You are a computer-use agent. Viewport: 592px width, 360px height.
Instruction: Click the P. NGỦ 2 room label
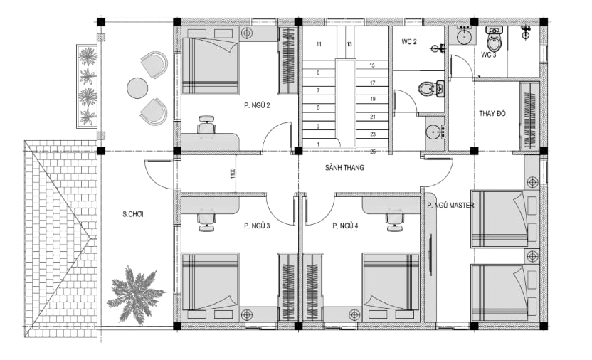[257, 106]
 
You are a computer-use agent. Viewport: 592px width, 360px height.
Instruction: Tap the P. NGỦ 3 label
[257, 226]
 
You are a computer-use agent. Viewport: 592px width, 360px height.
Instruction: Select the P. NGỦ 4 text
[345, 226]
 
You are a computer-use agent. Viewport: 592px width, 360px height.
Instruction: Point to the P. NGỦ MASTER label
[450, 206]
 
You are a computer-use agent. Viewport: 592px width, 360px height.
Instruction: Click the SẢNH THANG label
[344, 167]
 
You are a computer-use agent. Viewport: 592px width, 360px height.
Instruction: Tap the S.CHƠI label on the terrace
[133, 214]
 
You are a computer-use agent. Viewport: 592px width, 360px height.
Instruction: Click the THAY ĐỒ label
[492, 113]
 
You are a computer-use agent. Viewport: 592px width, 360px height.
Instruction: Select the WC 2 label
[409, 41]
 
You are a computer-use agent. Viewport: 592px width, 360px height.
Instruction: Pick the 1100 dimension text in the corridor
[233, 173]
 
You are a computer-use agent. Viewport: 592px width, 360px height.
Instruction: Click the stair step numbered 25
[373, 152]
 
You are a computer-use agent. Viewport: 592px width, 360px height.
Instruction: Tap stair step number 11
[319, 44]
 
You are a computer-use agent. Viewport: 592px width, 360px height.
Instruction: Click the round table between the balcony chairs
[137, 88]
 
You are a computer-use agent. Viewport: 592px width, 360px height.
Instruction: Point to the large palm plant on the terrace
[136, 295]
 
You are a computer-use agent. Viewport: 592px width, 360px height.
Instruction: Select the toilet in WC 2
[431, 89]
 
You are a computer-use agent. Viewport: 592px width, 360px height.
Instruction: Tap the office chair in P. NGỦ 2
[206, 125]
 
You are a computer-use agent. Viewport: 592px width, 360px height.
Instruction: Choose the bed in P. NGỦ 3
[210, 282]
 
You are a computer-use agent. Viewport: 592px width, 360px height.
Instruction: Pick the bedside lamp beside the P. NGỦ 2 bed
[247, 33]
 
